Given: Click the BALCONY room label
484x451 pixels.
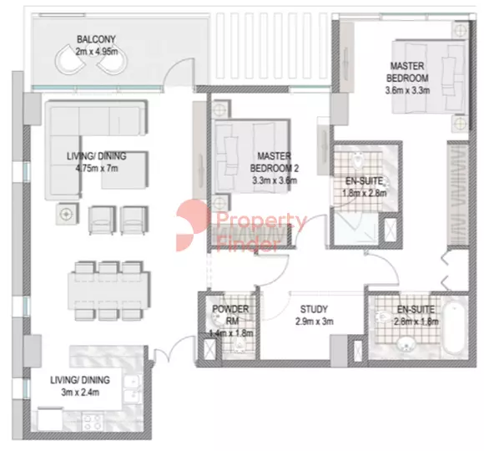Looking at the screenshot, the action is click(96, 39).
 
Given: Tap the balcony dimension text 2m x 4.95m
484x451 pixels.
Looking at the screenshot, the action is click(97, 51).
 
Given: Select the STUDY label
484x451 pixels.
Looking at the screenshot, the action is click(314, 309).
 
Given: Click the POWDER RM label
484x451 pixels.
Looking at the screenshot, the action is click(230, 315).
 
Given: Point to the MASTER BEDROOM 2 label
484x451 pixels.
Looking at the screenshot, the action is click(274, 162).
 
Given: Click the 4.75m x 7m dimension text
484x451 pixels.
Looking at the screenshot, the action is click(97, 169).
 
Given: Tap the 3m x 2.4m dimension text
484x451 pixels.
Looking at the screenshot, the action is click(80, 393).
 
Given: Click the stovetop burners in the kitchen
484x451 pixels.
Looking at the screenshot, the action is click(93, 422).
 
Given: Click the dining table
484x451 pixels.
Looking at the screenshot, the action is click(109, 291).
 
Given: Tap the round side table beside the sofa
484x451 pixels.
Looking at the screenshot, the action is click(65, 214).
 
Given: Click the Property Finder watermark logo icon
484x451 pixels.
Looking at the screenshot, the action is click(191, 225).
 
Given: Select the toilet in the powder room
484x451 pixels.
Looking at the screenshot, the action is click(239, 344).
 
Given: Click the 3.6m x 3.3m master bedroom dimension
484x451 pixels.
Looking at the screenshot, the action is click(407, 90).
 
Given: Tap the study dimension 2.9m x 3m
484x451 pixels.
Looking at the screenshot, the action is click(315, 322).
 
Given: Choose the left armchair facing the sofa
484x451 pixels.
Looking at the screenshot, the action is click(103, 220).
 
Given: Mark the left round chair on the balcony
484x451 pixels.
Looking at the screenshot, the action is click(70, 59).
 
